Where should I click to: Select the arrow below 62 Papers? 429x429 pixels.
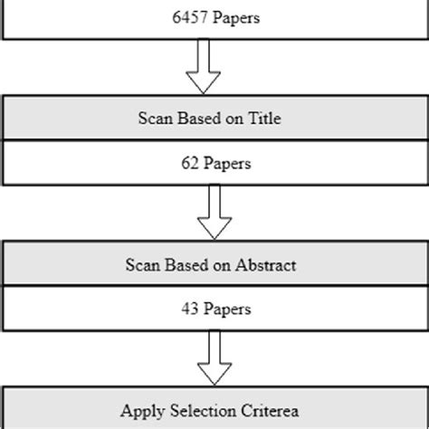pyautogui.click(x=214, y=213)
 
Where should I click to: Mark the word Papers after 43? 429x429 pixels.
pyautogui.click(x=226, y=310)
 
